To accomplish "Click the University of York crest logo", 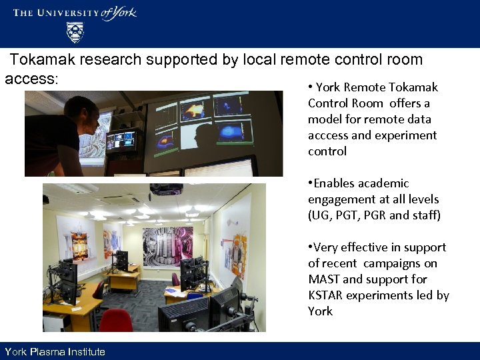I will tap(75, 31).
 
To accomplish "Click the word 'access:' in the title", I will tap(31, 79).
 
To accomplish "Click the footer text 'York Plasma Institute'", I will tap(55, 352).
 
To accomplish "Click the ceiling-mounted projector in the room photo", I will tap(166, 189).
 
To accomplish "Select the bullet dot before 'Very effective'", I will tap(310, 247).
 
